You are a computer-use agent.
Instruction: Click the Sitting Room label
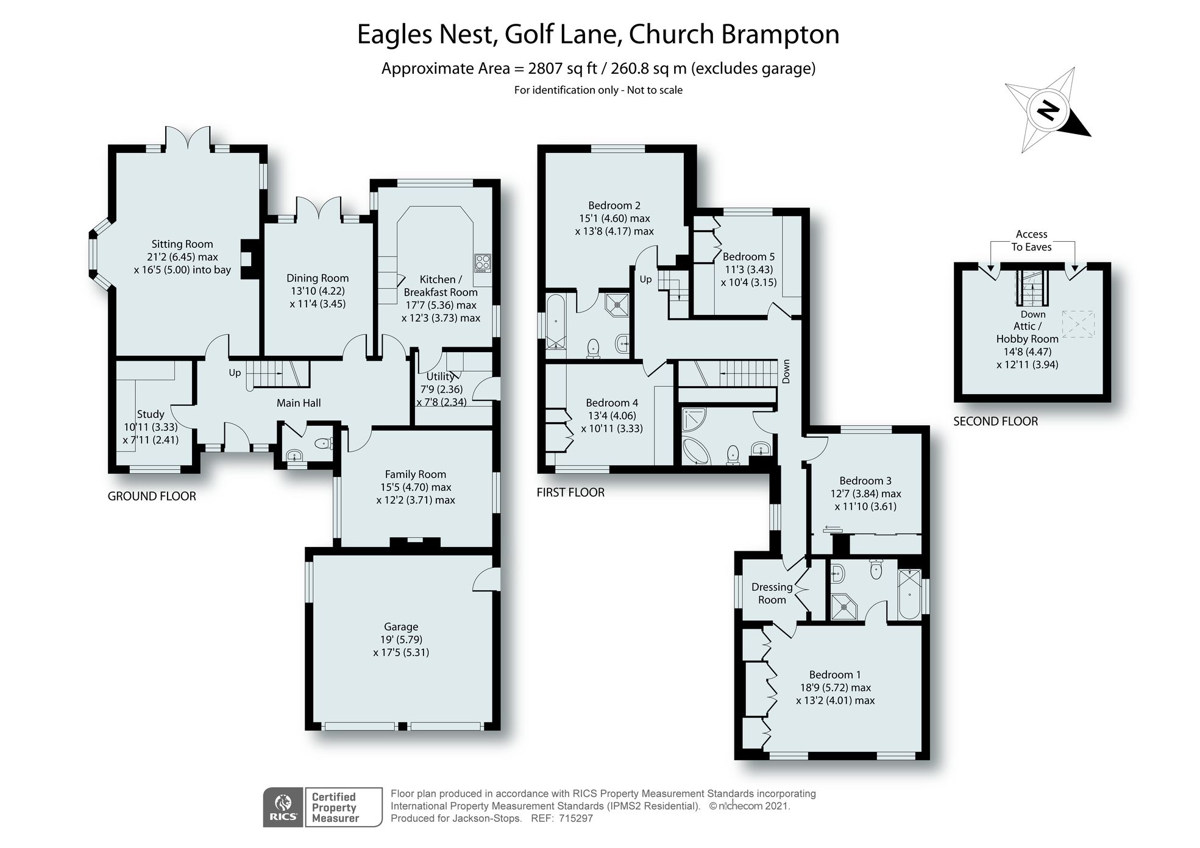(x=182, y=244)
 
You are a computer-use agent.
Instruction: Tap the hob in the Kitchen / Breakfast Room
(x=482, y=263)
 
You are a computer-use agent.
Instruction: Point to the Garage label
(x=400, y=626)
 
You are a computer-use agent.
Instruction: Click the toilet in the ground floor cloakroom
(x=324, y=443)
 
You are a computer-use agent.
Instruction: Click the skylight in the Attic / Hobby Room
(x=1078, y=324)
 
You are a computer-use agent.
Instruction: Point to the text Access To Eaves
(x=1031, y=241)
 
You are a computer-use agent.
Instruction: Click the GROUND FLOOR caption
(x=152, y=496)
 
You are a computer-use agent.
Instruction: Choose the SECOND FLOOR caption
(x=995, y=421)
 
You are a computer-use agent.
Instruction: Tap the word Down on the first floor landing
(x=786, y=371)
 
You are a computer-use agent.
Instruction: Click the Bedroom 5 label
(x=748, y=256)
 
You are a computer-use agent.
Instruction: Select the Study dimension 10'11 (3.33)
(x=151, y=427)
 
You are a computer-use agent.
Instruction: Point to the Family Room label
(x=415, y=474)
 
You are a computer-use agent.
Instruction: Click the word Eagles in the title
(x=397, y=35)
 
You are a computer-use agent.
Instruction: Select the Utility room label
(x=439, y=376)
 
